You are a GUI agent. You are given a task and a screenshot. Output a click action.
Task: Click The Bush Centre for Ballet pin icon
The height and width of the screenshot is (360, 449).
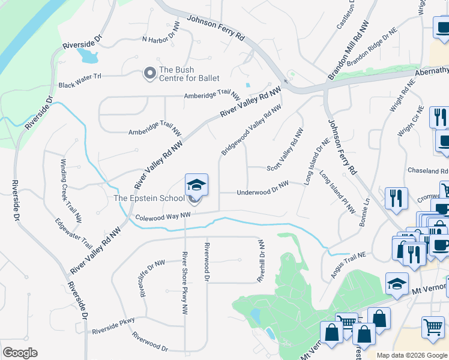[x=149, y=74]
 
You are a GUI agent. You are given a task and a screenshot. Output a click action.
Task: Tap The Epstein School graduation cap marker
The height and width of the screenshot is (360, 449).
[x=196, y=184]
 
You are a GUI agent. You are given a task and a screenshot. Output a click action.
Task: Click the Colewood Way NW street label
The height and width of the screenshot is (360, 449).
[x=162, y=217]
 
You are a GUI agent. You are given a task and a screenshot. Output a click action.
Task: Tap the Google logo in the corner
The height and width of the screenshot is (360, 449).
[x=20, y=353]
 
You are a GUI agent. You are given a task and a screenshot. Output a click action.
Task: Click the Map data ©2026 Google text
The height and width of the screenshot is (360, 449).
[x=411, y=355]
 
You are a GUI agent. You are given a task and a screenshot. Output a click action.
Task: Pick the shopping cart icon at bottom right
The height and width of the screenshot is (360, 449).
[x=433, y=327]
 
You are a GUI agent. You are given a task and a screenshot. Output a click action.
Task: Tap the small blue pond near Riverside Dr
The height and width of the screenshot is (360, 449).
[x=88, y=56]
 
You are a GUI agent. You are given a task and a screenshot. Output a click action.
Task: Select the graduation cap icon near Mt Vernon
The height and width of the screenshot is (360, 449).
[x=397, y=284]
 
